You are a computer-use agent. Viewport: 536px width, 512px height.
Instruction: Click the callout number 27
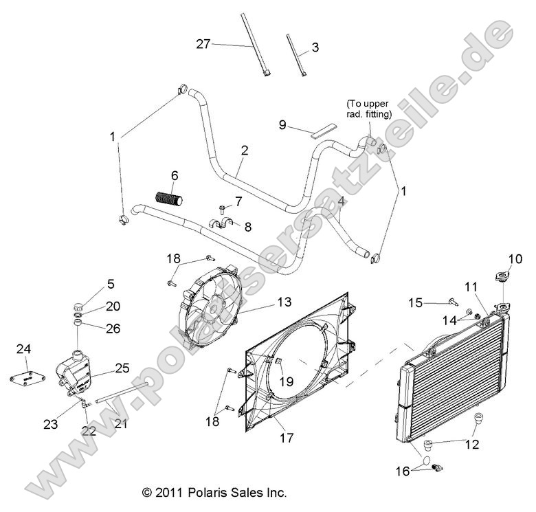203,45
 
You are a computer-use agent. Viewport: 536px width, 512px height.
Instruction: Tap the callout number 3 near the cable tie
315,47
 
